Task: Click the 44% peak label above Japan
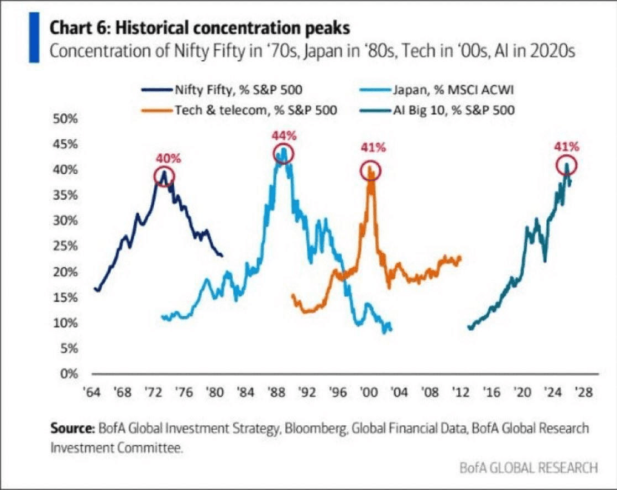coord(284,135)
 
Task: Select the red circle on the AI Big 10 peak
coord(567,165)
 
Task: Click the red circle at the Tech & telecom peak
coord(371,170)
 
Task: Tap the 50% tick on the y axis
coord(65,119)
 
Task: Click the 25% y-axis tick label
coord(65,246)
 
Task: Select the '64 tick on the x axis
coord(92,393)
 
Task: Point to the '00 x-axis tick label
coord(368,393)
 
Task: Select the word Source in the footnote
coord(73,429)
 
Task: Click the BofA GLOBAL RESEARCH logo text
coord(529,468)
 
